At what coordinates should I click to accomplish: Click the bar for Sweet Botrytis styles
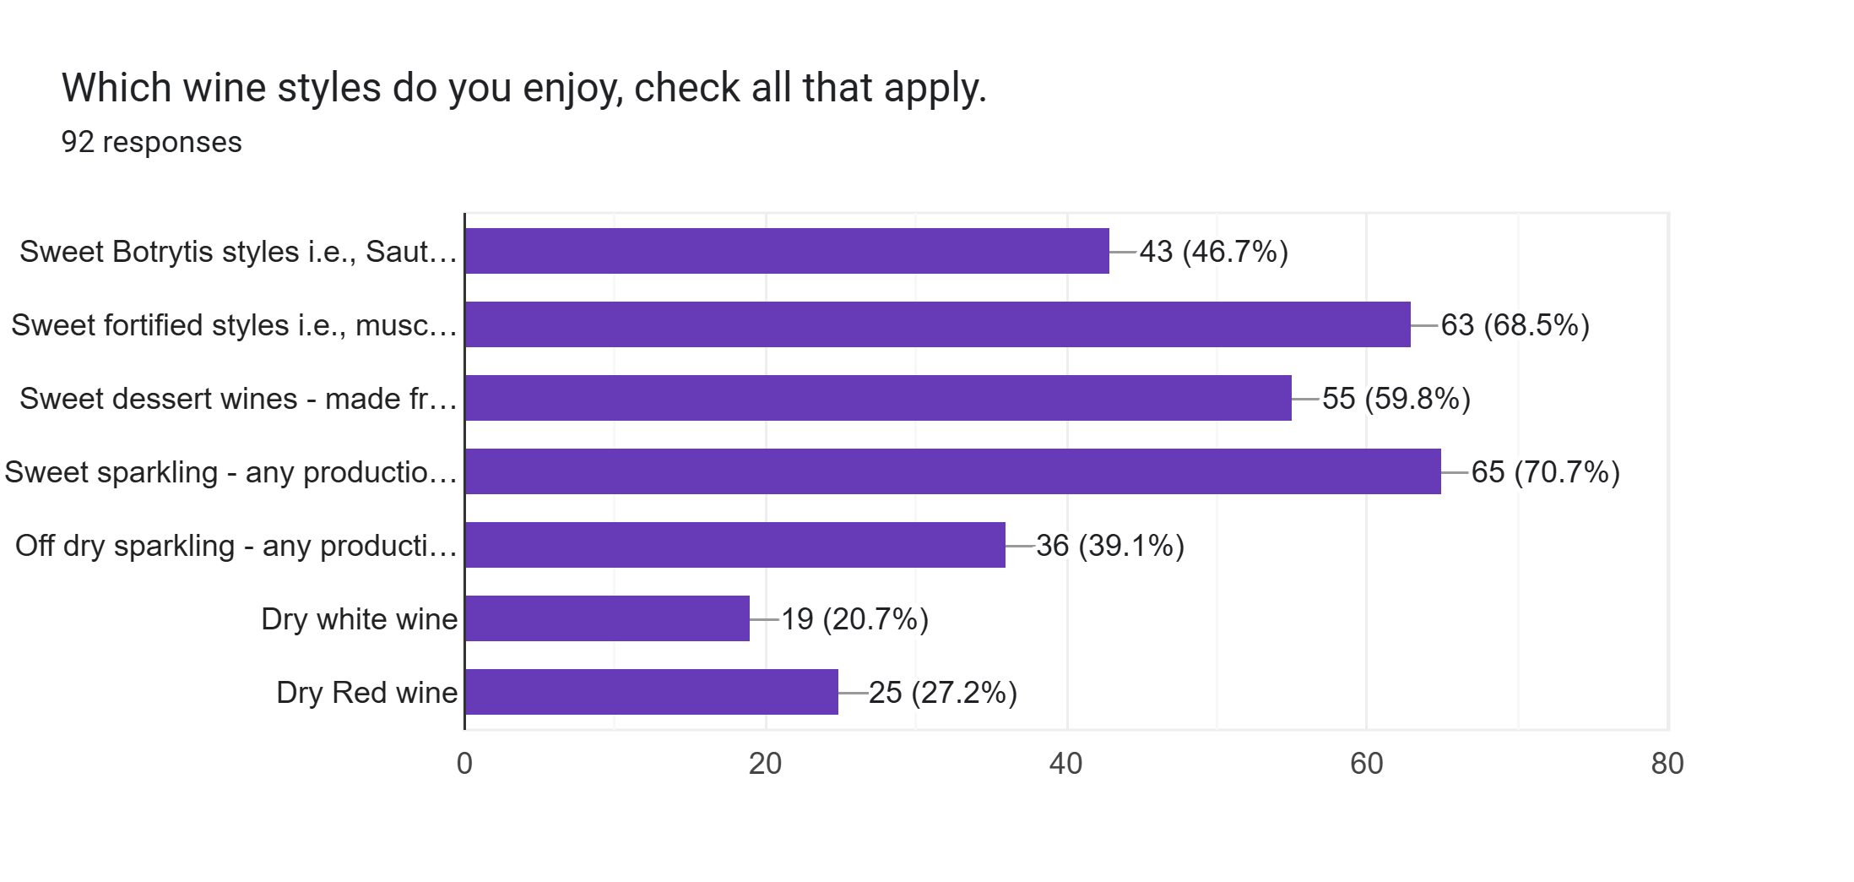[x=787, y=251]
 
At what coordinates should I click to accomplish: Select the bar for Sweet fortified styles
[x=937, y=324]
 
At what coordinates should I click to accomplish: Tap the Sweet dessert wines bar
[x=878, y=398]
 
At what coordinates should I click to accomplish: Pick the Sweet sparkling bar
[x=952, y=471]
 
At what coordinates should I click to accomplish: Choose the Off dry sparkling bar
[x=735, y=545]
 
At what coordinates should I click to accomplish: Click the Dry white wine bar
[x=607, y=618]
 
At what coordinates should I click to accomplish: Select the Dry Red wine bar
[x=651, y=692]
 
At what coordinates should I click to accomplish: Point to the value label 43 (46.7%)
[x=1213, y=252]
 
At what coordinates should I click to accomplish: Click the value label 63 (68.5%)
[x=1515, y=325]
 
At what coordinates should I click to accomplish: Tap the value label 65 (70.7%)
[x=1545, y=472]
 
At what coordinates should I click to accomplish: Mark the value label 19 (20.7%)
[x=854, y=619]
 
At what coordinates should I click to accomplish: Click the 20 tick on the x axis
[x=765, y=764]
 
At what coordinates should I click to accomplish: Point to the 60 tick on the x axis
[x=1366, y=764]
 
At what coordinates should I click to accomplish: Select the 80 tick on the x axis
[x=1667, y=764]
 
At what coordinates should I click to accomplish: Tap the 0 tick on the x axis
[x=464, y=764]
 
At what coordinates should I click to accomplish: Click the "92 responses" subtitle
[x=151, y=142]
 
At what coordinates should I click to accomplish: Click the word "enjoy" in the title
[x=572, y=89]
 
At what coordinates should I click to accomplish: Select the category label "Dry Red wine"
[x=366, y=693]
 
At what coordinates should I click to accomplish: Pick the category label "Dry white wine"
[x=359, y=619]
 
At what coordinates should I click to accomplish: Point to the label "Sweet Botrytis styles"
[x=237, y=252]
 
